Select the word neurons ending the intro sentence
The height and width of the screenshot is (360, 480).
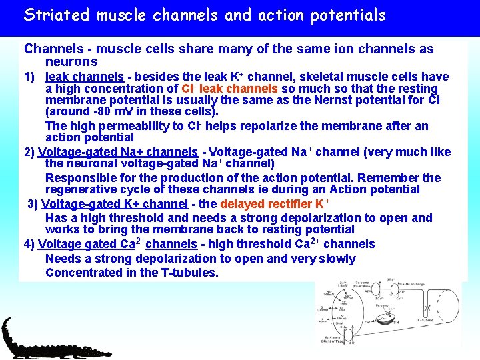tap(71, 62)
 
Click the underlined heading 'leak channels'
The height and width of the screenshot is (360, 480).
tap(84, 77)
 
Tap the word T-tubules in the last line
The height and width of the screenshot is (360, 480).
tap(189, 273)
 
